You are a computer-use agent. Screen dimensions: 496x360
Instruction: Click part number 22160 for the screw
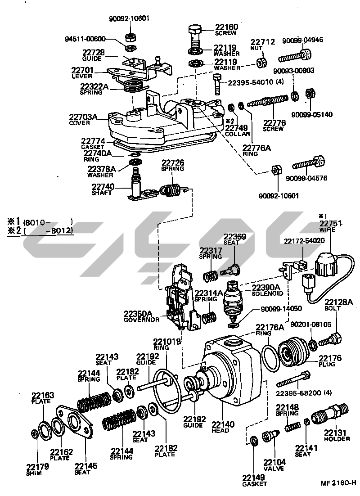click(225, 27)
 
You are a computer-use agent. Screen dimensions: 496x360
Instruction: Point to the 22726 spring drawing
click(171, 190)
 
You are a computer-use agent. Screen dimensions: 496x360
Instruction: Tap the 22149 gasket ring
click(253, 440)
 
